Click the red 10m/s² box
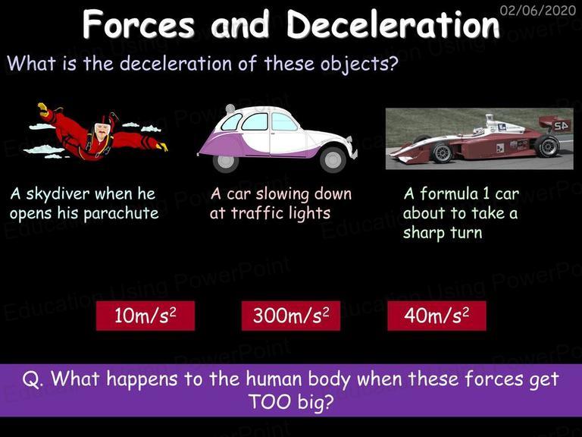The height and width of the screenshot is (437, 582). pos(145,316)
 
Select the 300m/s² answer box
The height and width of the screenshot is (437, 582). pos(291,316)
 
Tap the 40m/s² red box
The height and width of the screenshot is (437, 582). pos(436,316)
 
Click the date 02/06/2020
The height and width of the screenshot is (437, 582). pos(538,10)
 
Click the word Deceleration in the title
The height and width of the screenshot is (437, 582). pos(393,24)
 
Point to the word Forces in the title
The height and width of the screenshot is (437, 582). pos(139,24)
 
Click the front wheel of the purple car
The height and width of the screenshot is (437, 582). pos(333,159)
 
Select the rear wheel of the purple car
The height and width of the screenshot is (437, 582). pos(225,162)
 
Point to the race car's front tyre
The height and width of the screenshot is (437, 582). pos(441,152)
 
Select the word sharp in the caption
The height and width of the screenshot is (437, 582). pos(424,234)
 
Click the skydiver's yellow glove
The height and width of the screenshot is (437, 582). pos(43,109)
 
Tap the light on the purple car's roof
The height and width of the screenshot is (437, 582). pos(230,108)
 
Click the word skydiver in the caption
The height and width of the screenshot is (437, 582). pos(58,194)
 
